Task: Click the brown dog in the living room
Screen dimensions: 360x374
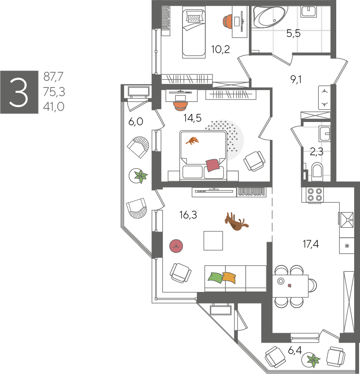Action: point(236,222)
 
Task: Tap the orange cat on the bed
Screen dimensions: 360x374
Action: point(192,141)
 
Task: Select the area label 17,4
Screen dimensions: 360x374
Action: point(311,244)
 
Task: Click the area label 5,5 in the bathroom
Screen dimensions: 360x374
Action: point(293,33)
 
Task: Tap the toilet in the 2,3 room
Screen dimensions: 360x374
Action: point(317,170)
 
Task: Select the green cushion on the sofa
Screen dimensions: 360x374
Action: point(216,278)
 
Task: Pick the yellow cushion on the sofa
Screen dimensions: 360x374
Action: point(230,278)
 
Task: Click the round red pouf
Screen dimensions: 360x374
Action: point(176,246)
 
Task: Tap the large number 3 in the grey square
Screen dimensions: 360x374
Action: point(19,92)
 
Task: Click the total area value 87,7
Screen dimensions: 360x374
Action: point(53,77)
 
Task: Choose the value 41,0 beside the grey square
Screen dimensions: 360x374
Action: point(54,106)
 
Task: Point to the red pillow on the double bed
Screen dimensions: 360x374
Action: point(213,165)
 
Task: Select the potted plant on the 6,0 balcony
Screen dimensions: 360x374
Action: point(139,176)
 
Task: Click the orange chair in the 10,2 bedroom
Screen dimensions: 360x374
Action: point(227,21)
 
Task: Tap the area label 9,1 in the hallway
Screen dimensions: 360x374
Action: point(296,79)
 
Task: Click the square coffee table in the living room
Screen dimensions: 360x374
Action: point(213,241)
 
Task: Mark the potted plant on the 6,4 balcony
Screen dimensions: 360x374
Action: point(312,360)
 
